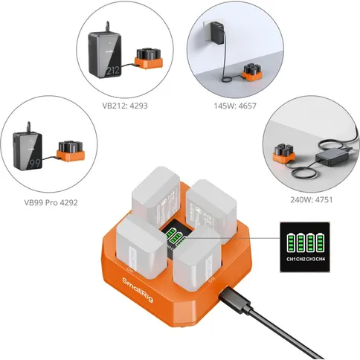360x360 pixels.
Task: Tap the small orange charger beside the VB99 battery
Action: tap(72, 152)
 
